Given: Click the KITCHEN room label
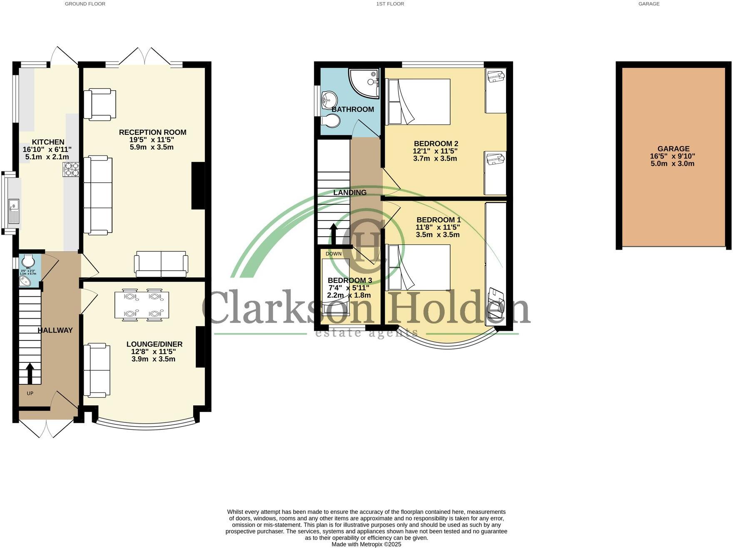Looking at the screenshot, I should [x=48, y=142].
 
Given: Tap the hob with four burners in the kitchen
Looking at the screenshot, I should [x=71, y=169].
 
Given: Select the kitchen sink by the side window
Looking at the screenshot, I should [x=14, y=211].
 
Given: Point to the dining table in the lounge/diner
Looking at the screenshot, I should [x=142, y=305].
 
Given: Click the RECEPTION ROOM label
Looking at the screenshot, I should [x=152, y=132].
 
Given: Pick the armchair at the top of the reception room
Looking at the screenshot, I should [x=100, y=104].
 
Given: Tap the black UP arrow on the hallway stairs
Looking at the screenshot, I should [x=30, y=373].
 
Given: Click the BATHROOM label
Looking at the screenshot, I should [x=353, y=109].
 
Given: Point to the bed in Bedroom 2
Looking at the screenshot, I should [x=419, y=102].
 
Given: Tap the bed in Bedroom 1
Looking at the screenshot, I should [x=419, y=267].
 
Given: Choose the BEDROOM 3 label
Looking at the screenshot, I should [x=349, y=280].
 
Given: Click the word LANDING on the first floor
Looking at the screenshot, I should [x=350, y=193].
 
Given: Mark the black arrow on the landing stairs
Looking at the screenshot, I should [x=334, y=234].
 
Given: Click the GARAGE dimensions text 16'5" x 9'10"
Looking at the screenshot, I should [x=673, y=156].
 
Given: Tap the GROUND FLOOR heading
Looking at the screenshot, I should [x=85, y=4].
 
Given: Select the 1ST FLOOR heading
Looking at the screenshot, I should [x=390, y=4].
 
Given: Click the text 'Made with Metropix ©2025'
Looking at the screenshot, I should [x=366, y=544].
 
